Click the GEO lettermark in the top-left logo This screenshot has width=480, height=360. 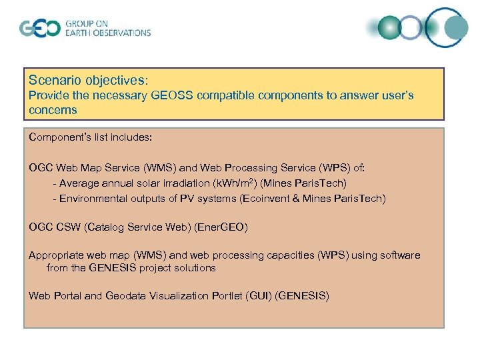[39, 28]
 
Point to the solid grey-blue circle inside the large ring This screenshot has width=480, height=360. [456, 27]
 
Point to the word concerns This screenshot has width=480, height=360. [53, 109]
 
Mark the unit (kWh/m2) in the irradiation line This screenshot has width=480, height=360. [227, 182]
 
